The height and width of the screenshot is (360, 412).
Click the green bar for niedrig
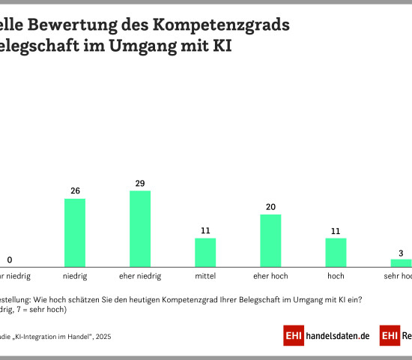tap(75, 232)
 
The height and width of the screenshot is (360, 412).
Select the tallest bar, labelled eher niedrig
tap(140, 229)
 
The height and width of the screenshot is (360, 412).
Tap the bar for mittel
tap(205, 252)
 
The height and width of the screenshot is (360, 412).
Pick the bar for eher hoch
tap(270, 240)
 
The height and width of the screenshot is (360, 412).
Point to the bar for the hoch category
tap(336, 252)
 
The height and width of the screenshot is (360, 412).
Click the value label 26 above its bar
tap(75, 191)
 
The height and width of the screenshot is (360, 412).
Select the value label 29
tap(140, 183)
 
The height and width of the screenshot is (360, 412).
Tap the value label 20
tap(270, 207)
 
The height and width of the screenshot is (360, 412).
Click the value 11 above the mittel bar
tap(205, 231)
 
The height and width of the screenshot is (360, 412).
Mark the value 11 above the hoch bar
tap(336, 231)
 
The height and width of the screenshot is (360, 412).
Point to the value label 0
tap(10, 260)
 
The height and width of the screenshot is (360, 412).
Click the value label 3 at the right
tap(401, 252)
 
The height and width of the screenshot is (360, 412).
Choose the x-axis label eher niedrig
tap(140, 276)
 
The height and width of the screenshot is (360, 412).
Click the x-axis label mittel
tap(205, 276)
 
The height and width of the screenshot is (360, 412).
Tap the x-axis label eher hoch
tap(270, 276)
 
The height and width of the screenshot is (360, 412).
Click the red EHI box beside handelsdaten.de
tap(294, 336)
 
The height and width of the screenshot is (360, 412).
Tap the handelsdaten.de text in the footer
tap(338, 336)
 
